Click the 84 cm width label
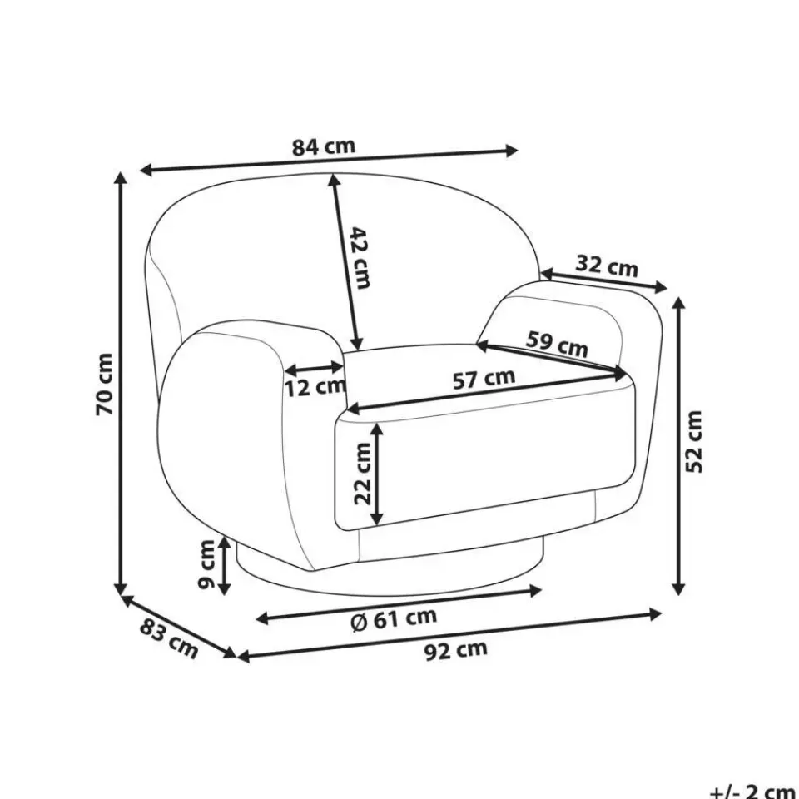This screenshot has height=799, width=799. click(x=324, y=146)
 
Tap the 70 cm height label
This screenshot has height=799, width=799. click(x=105, y=385)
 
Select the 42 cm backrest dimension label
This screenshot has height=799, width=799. click(x=360, y=258)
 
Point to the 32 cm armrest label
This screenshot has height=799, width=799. click(x=607, y=266)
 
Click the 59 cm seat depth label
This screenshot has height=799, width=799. click(x=557, y=344)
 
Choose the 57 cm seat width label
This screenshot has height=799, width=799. click(x=484, y=379)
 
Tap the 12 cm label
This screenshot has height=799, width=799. click(x=315, y=388)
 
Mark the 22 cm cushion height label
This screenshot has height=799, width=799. click(x=364, y=474)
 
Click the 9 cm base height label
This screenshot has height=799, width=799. click(x=206, y=564)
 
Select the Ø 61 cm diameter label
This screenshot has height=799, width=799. click(x=395, y=619)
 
